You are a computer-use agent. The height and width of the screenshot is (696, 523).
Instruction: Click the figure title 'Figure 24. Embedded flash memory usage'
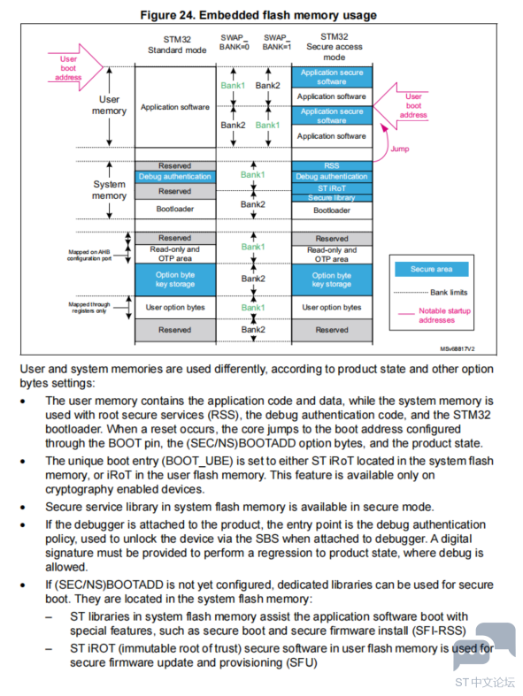point(258,15)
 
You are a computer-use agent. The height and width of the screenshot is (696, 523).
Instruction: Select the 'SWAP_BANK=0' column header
point(235,42)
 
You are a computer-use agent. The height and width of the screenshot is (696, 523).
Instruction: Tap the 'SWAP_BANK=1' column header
point(276,42)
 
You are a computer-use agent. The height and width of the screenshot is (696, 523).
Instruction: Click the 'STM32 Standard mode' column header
point(177,45)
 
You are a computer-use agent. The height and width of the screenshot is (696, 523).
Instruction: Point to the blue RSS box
point(332,165)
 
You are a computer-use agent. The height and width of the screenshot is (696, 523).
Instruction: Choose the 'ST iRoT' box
point(332,188)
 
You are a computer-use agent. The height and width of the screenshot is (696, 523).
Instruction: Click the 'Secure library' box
point(332,198)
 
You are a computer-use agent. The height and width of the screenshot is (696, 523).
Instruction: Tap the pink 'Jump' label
point(399,149)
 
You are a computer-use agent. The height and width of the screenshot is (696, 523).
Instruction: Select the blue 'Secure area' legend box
point(432,269)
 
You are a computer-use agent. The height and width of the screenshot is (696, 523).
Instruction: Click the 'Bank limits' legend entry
point(431,293)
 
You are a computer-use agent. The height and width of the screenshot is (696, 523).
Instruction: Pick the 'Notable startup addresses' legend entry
point(435,315)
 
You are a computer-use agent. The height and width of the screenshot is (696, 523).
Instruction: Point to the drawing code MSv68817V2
point(458,349)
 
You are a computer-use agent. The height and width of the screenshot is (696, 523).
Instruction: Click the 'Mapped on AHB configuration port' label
point(88,256)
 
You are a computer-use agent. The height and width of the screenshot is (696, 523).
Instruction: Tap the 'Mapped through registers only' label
point(88,308)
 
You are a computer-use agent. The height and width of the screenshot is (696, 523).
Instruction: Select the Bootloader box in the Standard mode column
point(175,209)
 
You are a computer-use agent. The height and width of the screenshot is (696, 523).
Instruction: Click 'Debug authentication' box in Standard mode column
point(175,177)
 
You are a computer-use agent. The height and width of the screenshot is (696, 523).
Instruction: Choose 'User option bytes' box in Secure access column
point(332,307)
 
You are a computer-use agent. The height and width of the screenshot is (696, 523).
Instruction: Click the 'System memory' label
point(109,190)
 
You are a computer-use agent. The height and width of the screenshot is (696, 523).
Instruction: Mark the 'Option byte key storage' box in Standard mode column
point(175,279)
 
